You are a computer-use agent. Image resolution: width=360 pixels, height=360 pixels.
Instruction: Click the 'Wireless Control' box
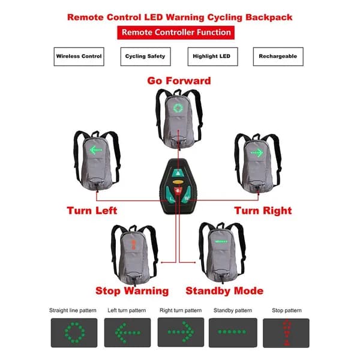coord(79,57)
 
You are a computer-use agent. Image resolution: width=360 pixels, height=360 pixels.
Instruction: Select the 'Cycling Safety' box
coord(146,57)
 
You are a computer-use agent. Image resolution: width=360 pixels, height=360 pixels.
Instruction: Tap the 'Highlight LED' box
coord(212,57)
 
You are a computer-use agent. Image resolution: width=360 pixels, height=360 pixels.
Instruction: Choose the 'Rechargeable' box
coord(278,57)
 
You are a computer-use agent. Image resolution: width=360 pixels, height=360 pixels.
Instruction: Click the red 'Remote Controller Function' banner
coord(176,32)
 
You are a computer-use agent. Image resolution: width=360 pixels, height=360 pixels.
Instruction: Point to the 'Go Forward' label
coord(179,81)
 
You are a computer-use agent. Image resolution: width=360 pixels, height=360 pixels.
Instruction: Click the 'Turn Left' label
coord(92,211)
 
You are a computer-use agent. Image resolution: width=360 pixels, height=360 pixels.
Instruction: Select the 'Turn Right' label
coord(263,211)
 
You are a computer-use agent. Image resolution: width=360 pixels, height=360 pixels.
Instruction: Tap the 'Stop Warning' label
coord(132,291)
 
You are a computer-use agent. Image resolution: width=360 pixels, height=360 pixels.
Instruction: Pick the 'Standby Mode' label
coord(224,291)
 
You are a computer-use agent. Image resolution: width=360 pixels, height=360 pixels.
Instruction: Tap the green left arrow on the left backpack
coord(96,151)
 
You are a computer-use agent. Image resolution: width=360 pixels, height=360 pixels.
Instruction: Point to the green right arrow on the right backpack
coord(257,152)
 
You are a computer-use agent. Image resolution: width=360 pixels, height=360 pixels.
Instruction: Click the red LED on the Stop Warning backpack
coord(133,245)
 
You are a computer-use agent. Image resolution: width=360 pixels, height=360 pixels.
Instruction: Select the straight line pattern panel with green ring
coord(74,332)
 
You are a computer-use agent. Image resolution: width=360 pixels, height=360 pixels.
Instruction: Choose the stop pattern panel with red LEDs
coord(286,333)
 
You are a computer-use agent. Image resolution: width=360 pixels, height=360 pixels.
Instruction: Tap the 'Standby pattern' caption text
coord(233,310)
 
